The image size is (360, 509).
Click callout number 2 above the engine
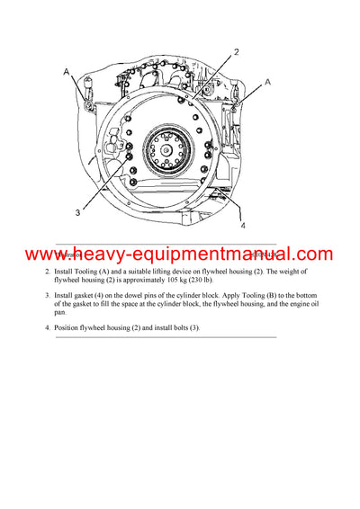[x=236, y=52]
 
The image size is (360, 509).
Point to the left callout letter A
[x=66, y=70]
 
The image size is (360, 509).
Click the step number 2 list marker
[x=49, y=272]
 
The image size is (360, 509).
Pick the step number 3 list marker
[x=49, y=295]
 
